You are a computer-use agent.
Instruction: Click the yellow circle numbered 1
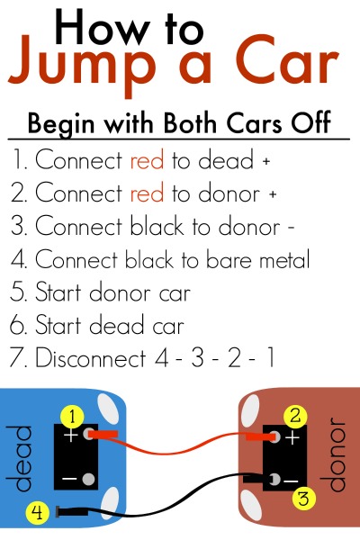click(72, 417)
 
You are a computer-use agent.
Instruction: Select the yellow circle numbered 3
click(303, 499)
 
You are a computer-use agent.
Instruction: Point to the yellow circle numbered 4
click(38, 513)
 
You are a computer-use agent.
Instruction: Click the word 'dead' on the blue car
click(20, 458)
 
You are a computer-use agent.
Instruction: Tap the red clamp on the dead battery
click(103, 435)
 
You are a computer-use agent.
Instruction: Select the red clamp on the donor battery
click(261, 437)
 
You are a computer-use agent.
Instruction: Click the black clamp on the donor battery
click(257, 479)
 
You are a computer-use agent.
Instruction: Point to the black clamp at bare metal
click(71, 511)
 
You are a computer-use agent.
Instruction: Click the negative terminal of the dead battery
click(88, 479)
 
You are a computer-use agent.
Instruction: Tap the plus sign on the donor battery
click(292, 438)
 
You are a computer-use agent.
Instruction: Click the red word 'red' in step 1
click(147, 160)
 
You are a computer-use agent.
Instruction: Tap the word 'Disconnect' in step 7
click(91, 357)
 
